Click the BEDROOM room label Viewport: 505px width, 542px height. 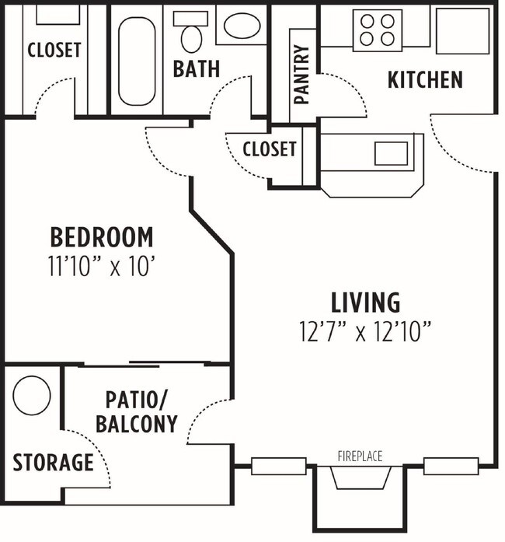coord(102,236)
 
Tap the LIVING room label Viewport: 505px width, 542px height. coord(365,301)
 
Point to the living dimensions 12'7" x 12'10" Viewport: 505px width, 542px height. coord(365,332)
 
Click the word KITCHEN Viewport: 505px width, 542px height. coord(425,79)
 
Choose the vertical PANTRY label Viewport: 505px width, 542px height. coord(302,75)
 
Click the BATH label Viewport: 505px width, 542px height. coord(196,68)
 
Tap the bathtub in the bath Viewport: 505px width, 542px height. coord(138,60)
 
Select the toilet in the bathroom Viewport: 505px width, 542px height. coord(190,32)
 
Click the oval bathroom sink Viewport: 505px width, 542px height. coord(244,27)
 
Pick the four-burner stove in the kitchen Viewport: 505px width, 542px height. coord(377,30)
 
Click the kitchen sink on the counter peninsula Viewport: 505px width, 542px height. coord(391,153)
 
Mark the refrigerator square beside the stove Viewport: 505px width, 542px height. coord(462,30)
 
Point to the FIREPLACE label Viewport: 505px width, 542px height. coord(360,456)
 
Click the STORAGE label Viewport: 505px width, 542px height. coord(53,463)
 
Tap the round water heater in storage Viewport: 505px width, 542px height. coord(32,395)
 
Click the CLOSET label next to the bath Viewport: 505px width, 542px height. coord(54,50)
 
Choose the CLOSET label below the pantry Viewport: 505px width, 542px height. coord(269,149)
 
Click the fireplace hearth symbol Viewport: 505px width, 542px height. coord(360,477)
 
